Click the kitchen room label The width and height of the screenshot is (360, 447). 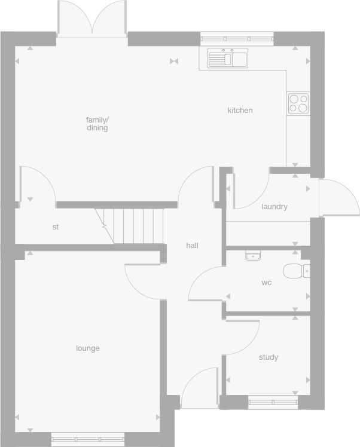(240, 111)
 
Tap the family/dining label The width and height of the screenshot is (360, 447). (97, 124)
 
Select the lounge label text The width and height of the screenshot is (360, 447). (88, 348)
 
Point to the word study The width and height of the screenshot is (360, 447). (269, 357)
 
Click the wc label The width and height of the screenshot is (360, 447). (267, 283)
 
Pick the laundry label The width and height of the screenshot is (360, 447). (274, 207)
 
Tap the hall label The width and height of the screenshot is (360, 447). (192, 246)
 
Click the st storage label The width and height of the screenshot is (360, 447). (56, 227)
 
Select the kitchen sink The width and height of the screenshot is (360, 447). (227, 59)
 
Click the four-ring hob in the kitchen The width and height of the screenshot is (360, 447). (298, 103)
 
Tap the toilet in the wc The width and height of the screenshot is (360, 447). (296, 271)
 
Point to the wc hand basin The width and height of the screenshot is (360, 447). (253, 255)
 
